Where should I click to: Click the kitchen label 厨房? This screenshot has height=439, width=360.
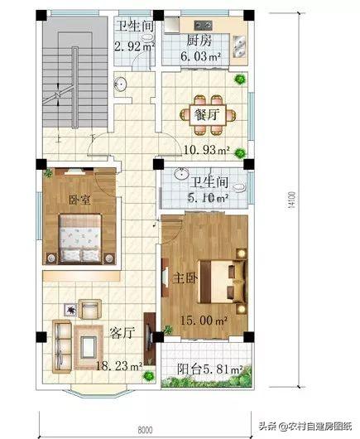199,41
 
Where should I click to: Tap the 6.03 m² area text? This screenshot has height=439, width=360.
200,56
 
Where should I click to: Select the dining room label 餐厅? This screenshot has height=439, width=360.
207,115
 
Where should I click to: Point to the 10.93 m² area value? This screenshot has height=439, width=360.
207,150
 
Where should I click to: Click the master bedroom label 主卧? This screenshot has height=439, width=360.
185,278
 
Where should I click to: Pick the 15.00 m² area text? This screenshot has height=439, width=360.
204,321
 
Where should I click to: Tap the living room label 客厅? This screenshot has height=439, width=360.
122,333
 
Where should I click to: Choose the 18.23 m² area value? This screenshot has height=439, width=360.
119,366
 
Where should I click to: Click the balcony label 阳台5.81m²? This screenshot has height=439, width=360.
209,369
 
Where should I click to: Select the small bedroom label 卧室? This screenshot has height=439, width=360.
79,200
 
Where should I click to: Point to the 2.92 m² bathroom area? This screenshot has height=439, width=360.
134,46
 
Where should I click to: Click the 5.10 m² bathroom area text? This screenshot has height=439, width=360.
208,198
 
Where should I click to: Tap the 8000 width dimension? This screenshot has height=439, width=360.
145,430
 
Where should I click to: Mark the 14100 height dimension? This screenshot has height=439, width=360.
291,200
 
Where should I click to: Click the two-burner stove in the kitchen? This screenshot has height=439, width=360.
203,25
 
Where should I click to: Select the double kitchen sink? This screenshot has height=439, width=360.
240,46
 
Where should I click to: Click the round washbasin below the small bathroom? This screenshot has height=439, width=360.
121,84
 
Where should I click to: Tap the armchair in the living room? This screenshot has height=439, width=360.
89,309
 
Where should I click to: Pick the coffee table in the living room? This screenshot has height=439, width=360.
89,346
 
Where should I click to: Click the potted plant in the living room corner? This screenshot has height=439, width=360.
148,375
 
